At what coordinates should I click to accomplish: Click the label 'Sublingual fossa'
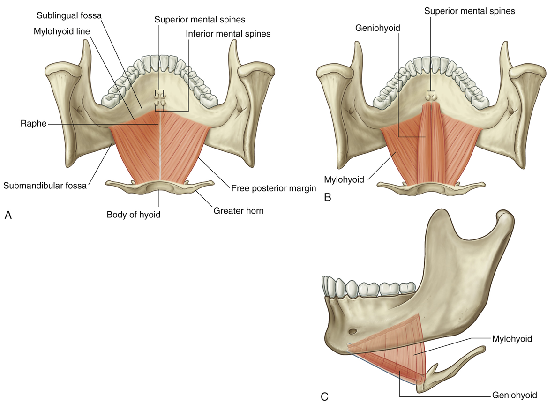(x=69, y=15)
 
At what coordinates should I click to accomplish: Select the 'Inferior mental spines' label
(x=228, y=34)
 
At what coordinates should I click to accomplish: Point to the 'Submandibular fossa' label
(x=45, y=186)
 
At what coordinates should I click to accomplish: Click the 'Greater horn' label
(x=239, y=210)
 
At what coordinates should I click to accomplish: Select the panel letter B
(x=328, y=197)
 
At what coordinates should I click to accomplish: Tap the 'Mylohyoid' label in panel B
(x=344, y=179)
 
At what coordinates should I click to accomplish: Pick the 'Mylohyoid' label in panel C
(x=512, y=338)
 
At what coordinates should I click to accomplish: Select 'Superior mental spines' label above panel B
(x=470, y=10)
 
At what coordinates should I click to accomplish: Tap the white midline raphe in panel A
(x=160, y=150)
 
